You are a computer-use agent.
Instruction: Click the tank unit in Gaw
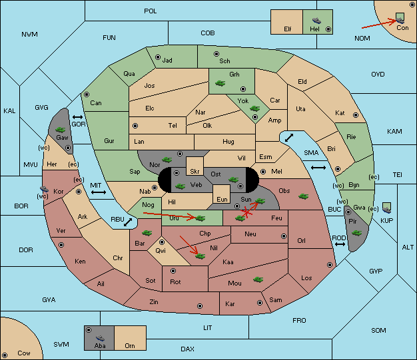coord(61,130)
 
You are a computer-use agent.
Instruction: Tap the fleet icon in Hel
coord(316,21)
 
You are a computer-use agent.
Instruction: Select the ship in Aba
coord(101,338)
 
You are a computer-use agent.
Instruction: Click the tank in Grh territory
coord(220,83)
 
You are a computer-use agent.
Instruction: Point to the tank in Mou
coord(258,279)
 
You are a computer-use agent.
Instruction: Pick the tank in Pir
coord(356,233)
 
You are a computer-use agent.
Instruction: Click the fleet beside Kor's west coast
coord(44,189)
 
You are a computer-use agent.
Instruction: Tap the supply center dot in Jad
coord(158,57)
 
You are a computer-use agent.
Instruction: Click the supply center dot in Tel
coord(135,125)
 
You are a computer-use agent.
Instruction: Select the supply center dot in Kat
coord(356,115)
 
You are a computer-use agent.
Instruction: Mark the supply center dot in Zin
coord(200,306)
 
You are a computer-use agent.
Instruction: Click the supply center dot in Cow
coord(5,355)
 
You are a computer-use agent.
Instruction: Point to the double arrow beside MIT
coord(99,192)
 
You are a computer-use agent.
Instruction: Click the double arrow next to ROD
coord(340,244)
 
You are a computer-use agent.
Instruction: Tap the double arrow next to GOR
coord(77,117)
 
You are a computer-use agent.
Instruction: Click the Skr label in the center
coord(195,172)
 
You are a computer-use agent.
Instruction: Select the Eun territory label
coord(222,199)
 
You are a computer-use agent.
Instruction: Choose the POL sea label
coord(151,11)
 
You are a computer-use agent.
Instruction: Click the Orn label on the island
coord(130,345)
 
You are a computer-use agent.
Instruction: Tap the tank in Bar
coord(147,233)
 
